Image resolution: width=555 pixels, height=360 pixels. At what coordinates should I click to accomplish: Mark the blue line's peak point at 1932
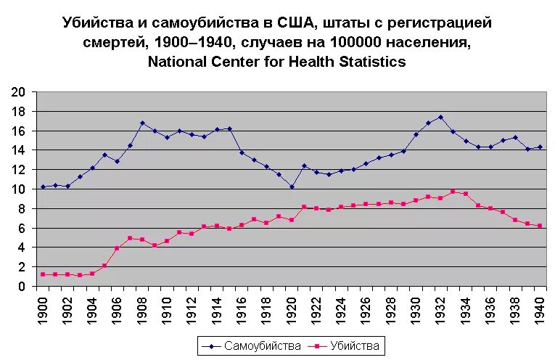pos(440,117)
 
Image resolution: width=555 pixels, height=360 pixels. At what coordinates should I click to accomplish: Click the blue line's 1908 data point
pos(142,123)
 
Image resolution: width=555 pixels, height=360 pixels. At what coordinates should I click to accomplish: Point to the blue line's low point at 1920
pos(292,187)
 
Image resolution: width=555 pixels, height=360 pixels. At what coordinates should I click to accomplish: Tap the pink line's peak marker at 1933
pos(453,192)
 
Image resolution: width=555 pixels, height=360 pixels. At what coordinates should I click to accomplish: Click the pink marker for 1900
pos(44,274)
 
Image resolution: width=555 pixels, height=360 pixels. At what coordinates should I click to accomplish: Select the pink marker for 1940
pos(540,226)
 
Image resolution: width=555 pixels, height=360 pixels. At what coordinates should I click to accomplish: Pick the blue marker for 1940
pos(540,147)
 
